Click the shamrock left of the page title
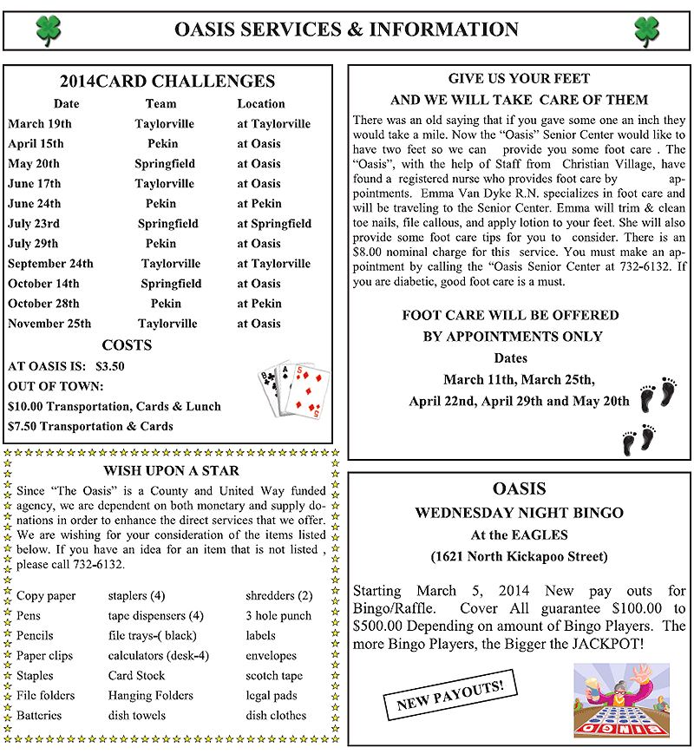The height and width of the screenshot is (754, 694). (48, 30)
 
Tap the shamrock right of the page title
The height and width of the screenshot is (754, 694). (646, 30)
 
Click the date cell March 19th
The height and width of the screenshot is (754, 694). (40, 124)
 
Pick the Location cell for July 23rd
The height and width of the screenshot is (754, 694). (274, 224)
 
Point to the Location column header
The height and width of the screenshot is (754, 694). (261, 104)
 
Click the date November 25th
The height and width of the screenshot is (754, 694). (49, 324)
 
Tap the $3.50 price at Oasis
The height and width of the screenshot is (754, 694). (110, 366)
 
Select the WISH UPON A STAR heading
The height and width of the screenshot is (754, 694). (171, 471)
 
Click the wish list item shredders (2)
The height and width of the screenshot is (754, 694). (278, 596)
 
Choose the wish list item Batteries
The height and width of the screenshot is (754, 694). (39, 716)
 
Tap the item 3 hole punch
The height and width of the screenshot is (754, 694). (278, 616)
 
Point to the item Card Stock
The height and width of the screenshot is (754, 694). (136, 676)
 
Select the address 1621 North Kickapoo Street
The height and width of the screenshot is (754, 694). (519, 556)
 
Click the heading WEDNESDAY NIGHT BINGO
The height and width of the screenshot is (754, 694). (519, 513)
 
